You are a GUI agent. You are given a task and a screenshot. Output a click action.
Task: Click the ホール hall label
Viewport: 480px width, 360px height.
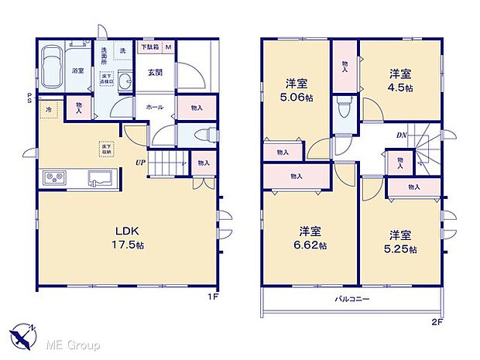click(x=153, y=107)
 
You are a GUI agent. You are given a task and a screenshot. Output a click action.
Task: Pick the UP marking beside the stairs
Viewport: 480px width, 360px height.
click(x=141, y=162)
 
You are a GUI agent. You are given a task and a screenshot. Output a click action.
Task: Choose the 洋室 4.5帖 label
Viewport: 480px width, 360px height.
click(x=399, y=80)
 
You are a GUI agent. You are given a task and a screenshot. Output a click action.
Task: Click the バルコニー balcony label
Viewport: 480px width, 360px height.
click(x=352, y=298)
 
